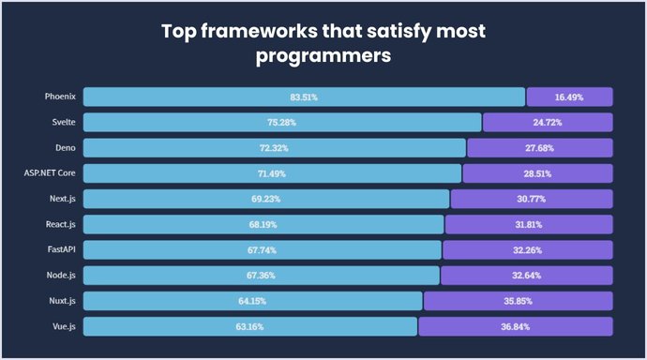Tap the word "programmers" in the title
point(323,56)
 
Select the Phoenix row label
point(59,97)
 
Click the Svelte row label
point(64,122)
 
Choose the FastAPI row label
point(60,249)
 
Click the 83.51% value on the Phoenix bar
point(304,97)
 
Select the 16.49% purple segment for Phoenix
point(569,97)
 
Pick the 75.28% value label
point(282,122)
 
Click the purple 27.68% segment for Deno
point(540,148)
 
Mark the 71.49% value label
point(273,173)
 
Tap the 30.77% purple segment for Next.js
point(532,199)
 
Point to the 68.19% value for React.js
point(263,224)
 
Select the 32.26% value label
point(528,249)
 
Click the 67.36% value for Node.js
point(262,275)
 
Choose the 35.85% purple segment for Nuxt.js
point(519,300)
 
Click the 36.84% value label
point(516,325)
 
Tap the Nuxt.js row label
point(62,300)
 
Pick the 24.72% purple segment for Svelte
point(548,122)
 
